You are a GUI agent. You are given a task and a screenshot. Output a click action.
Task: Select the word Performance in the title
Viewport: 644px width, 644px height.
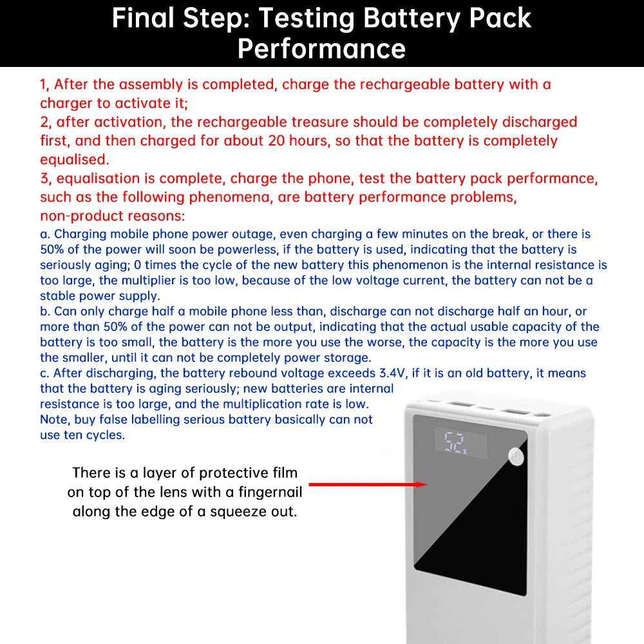tap(321, 48)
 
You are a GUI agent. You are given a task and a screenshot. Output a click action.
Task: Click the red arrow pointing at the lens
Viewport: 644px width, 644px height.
tap(367, 484)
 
